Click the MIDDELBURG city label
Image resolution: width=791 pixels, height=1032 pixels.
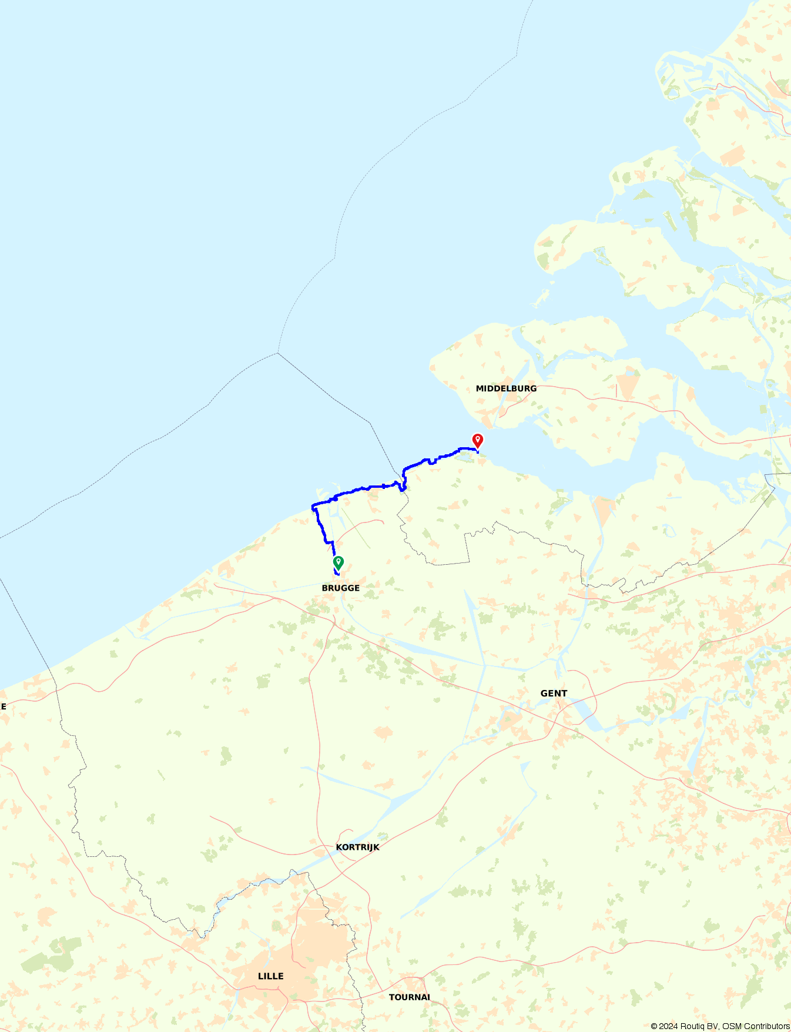[506, 388]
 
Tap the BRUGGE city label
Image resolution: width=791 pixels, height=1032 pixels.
[340, 588]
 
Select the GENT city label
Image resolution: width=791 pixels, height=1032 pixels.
[554, 693]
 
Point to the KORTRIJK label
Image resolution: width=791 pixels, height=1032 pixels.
[357, 847]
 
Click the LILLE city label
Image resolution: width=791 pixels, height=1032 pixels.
[270, 976]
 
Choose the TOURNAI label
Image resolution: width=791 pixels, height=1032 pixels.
[409, 997]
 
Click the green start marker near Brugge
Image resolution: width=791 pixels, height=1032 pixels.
[338, 562]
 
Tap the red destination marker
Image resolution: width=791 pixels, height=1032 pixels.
[478, 440]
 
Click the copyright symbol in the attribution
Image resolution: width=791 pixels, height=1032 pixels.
[653, 1027]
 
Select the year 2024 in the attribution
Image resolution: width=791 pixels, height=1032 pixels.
[668, 1027]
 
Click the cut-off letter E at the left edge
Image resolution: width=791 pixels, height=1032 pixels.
[3, 706]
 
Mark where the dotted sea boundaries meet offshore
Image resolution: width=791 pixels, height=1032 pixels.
[278, 353]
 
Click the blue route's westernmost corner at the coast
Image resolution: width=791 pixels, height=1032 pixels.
[313, 506]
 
